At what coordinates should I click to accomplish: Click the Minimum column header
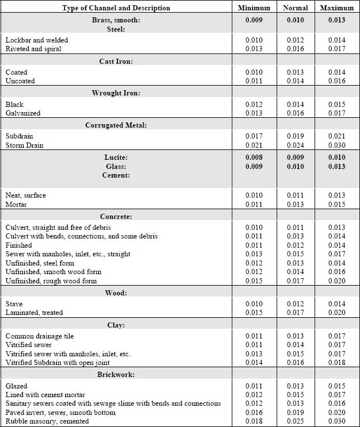click(x=254, y=8)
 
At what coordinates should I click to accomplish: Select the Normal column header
click(x=296, y=8)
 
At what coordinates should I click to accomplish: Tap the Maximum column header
click(x=337, y=8)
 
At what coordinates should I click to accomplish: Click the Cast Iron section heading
click(x=116, y=61)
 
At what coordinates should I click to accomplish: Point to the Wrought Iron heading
click(x=116, y=93)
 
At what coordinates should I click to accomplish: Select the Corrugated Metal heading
click(x=116, y=125)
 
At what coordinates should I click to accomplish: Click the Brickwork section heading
click(x=116, y=375)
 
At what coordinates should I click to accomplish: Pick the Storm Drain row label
click(x=24, y=145)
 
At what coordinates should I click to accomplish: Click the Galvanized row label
click(x=23, y=113)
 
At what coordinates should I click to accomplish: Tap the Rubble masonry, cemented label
click(x=47, y=421)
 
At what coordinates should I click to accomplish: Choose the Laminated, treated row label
click(x=34, y=313)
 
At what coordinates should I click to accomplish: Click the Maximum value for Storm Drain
click(x=337, y=145)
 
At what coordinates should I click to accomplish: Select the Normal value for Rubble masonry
click(x=296, y=421)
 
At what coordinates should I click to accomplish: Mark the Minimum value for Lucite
click(x=254, y=157)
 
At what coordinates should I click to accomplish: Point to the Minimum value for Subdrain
click(x=254, y=136)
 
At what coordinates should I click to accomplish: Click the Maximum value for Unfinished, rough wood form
click(x=337, y=281)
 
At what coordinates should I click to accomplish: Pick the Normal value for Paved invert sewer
click(x=296, y=413)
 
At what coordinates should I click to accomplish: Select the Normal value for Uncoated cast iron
click(x=296, y=81)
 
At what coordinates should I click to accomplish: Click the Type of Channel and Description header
click(x=116, y=8)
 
